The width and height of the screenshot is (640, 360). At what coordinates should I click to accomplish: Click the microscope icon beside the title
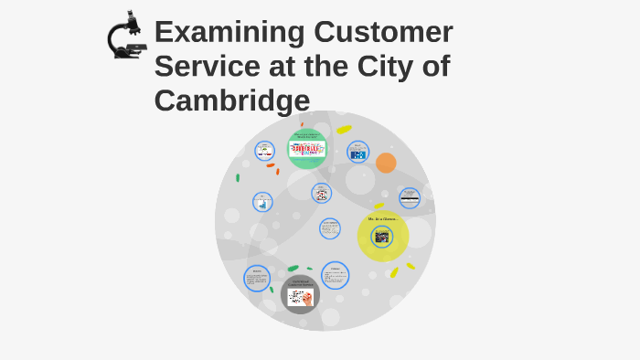tap(125, 37)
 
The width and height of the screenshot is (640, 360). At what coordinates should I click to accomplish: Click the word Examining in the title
tap(229, 32)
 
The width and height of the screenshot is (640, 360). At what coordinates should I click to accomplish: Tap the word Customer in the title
tap(383, 32)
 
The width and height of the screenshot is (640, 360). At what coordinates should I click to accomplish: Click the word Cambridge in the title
tap(232, 101)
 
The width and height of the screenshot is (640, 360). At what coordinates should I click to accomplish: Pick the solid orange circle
tap(386, 163)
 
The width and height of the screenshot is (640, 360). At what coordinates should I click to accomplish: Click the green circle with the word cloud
tap(307, 149)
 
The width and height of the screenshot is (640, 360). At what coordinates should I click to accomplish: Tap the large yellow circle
tap(383, 236)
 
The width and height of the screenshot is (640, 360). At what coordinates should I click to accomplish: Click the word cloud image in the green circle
tap(307, 149)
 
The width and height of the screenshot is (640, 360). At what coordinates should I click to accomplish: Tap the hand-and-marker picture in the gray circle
tap(300, 297)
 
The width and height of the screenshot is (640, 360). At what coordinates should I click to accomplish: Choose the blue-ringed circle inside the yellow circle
tap(382, 237)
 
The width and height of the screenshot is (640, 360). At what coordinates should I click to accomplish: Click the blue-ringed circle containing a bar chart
tap(262, 202)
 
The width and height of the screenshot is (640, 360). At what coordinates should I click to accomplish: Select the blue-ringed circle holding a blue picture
tap(357, 152)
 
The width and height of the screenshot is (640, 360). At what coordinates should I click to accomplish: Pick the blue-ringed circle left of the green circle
tap(264, 151)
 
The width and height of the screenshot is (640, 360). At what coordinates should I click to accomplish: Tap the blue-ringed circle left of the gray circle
tap(257, 279)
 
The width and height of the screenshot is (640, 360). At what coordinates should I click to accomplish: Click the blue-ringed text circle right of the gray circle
tap(335, 275)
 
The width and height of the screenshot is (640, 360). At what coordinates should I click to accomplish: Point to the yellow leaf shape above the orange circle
tap(344, 130)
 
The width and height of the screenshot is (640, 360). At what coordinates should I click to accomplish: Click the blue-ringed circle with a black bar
tap(410, 197)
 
